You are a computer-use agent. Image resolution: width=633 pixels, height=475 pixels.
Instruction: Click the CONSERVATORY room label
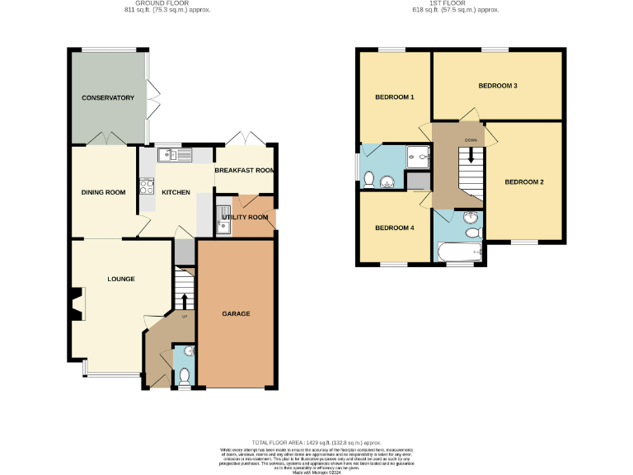[107, 98]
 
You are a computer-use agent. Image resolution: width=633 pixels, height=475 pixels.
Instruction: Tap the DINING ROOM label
[103, 192]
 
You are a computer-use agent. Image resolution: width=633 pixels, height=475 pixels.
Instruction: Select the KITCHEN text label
[176, 192]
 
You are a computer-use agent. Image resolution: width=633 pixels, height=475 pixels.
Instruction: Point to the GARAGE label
[236, 313]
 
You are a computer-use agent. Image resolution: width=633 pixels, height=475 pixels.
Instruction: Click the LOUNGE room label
[121, 279]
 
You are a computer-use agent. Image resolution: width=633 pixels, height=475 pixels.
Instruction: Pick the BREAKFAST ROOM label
[244, 171]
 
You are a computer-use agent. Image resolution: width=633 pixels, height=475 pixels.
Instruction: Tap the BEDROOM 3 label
[498, 86]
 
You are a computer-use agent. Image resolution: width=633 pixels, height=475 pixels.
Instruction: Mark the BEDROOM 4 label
[394, 228]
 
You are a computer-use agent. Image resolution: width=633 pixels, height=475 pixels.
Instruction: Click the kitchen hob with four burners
[148, 186]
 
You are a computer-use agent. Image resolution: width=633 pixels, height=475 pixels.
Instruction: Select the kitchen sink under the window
[176, 153]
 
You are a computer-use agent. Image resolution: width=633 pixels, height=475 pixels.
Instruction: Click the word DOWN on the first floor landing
[471, 140]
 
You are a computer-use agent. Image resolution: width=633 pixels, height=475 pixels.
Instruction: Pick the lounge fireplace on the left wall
[76, 303]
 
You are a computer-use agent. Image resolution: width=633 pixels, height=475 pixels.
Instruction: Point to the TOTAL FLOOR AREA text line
[316, 442]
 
